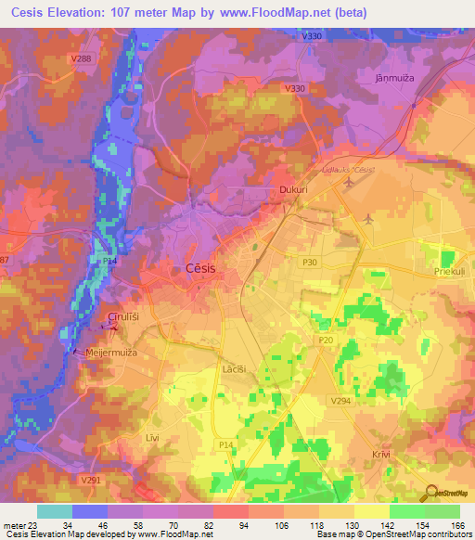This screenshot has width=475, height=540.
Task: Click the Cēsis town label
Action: (x=196, y=268)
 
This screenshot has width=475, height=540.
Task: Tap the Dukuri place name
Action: (x=293, y=190)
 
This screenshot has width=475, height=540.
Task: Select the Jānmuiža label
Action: (x=392, y=78)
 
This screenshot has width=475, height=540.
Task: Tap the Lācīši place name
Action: (x=233, y=368)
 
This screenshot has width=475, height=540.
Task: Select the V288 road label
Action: (x=81, y=58)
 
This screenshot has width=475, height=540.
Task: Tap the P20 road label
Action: (x=325, y=341)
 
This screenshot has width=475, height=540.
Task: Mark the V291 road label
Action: (x=90, y=480)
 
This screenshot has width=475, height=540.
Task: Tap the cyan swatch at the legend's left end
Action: (x=55, y=511)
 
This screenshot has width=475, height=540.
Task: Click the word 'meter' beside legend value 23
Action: (x=15, y=526)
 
